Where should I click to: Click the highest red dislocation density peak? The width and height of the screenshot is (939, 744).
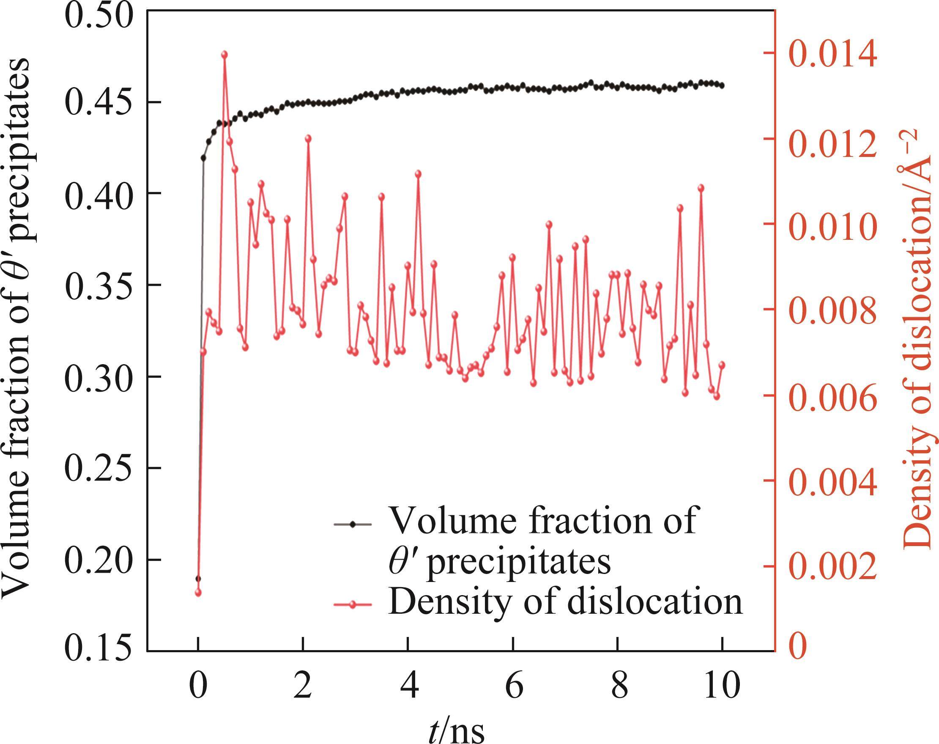pos(224,55)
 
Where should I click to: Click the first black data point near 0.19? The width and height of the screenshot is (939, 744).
pos(198,579)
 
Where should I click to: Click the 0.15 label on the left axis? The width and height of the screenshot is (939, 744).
pos(98,651)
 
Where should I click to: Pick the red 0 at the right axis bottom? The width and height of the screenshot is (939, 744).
pos(798,647)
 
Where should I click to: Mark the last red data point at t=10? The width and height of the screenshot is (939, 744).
pos(722,365)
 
